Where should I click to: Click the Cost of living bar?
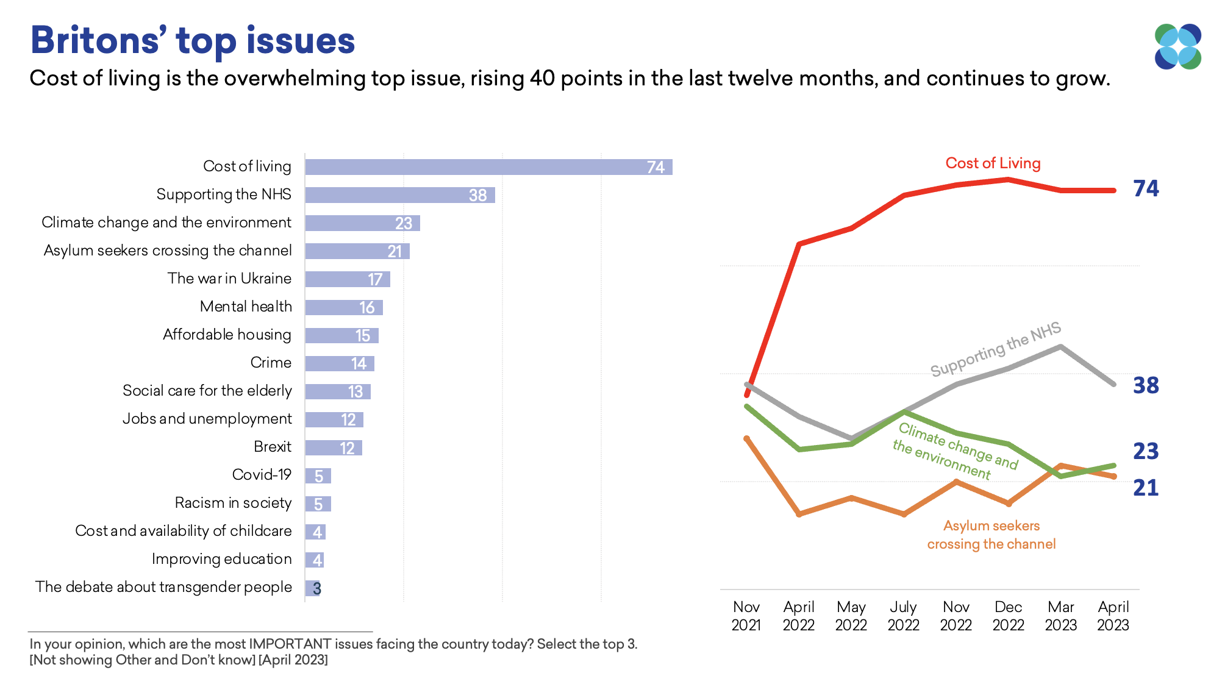(488, 167)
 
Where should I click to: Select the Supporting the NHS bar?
(399, 195)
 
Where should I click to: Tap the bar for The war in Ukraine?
(347, 279)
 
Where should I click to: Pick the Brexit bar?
(333, 448)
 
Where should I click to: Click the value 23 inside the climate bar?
(404, 223)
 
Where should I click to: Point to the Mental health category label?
(246, 307)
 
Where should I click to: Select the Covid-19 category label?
(262, 475)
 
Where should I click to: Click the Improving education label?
(221, 559)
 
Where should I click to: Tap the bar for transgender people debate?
(312, 588)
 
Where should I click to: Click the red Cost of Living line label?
(993, 163)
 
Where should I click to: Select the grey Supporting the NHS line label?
(995, 349)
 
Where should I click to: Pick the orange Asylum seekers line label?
(991, 535)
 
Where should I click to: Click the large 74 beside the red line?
(1146, 188)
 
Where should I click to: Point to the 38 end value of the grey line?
(1146, 385)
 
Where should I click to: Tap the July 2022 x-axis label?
(903, 616)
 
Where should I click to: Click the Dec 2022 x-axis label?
(1008, 616)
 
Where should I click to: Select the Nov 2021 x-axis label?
(746, 616)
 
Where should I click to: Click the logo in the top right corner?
(1177, 46)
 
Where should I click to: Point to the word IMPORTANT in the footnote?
(290, 644)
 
